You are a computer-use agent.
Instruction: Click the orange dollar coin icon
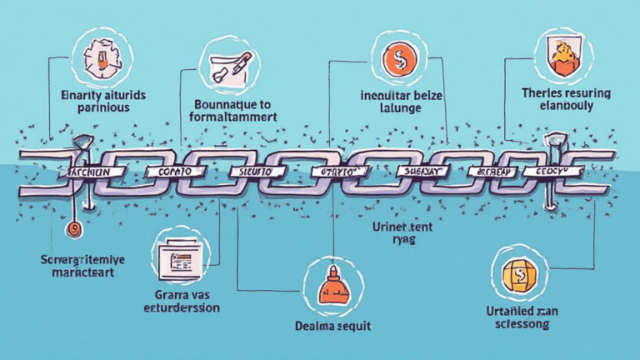point(394,60)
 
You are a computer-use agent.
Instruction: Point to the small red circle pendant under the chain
point(73,225)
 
